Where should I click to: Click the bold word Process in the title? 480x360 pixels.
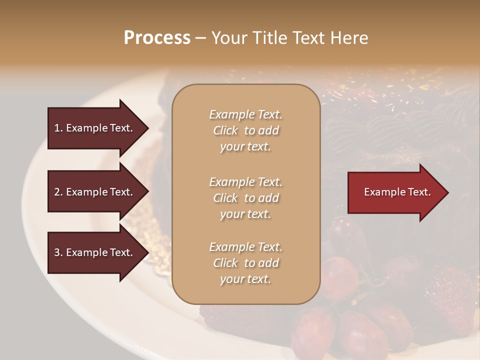pyautogui.click(x=157, y=38)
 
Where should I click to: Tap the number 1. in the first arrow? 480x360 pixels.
pyautogui.click(x=58, y=128)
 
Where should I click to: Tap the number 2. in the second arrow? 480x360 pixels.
pyautogui.click(x=58, y=192)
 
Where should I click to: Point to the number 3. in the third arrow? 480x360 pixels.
pyautogui.click(x=58, y=252)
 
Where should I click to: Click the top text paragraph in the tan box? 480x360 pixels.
pyautogui.click(x=245, y=130)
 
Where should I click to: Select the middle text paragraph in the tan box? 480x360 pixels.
pyautogui.click(x=245, y=197)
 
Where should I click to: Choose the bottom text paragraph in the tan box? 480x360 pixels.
pyautogui.click(x=245, y=263)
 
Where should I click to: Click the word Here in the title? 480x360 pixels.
pyautogui.click(x=349, y=38)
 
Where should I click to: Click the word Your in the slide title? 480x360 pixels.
pyautogui.click(x=227, y=38)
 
